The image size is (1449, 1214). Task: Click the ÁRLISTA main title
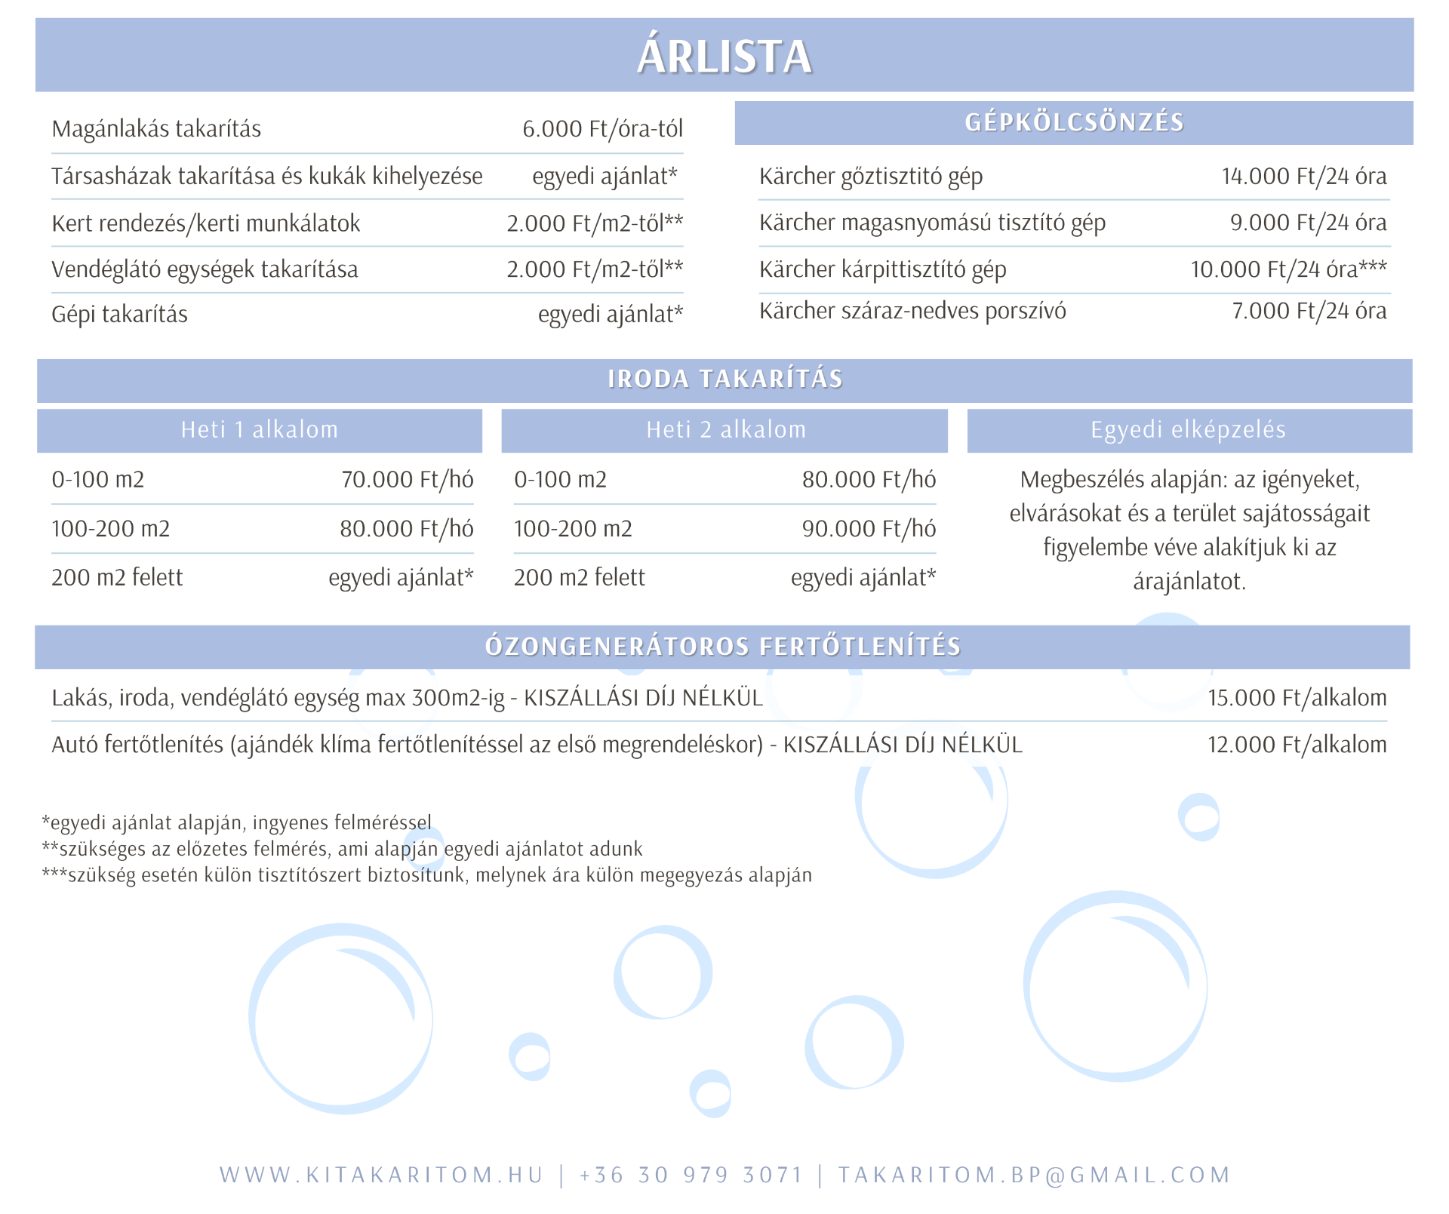(724, 57)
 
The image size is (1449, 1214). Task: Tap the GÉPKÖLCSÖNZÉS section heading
(1074, 122)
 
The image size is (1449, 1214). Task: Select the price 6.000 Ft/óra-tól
(602, 129)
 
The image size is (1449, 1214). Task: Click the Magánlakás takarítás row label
(156, 129)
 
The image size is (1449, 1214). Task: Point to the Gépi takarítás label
(119, 314)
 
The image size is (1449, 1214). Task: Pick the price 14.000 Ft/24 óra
(1303, 177)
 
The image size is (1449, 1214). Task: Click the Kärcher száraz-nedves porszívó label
(912, 311)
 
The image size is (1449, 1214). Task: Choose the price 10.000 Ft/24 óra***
(1288, 269)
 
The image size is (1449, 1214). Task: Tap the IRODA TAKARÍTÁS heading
(724, 379)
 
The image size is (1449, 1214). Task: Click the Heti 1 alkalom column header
(260, 430)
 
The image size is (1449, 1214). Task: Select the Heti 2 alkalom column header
(726, 430)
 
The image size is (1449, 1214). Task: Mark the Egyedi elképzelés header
(1188, 430)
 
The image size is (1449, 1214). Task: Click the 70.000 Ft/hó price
(407, 480)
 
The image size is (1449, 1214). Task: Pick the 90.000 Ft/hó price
(869, 529)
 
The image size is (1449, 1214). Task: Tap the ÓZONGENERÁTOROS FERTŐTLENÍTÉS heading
(722, 647)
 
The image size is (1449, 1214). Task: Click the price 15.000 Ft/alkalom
(1297, 698)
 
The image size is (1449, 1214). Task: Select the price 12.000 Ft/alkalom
(1297, 745)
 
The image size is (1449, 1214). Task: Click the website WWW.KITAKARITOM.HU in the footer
(382, 1175)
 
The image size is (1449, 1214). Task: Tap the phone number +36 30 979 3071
(691, 1175)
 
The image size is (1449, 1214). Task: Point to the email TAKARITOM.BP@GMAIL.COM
(1034, 1175)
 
